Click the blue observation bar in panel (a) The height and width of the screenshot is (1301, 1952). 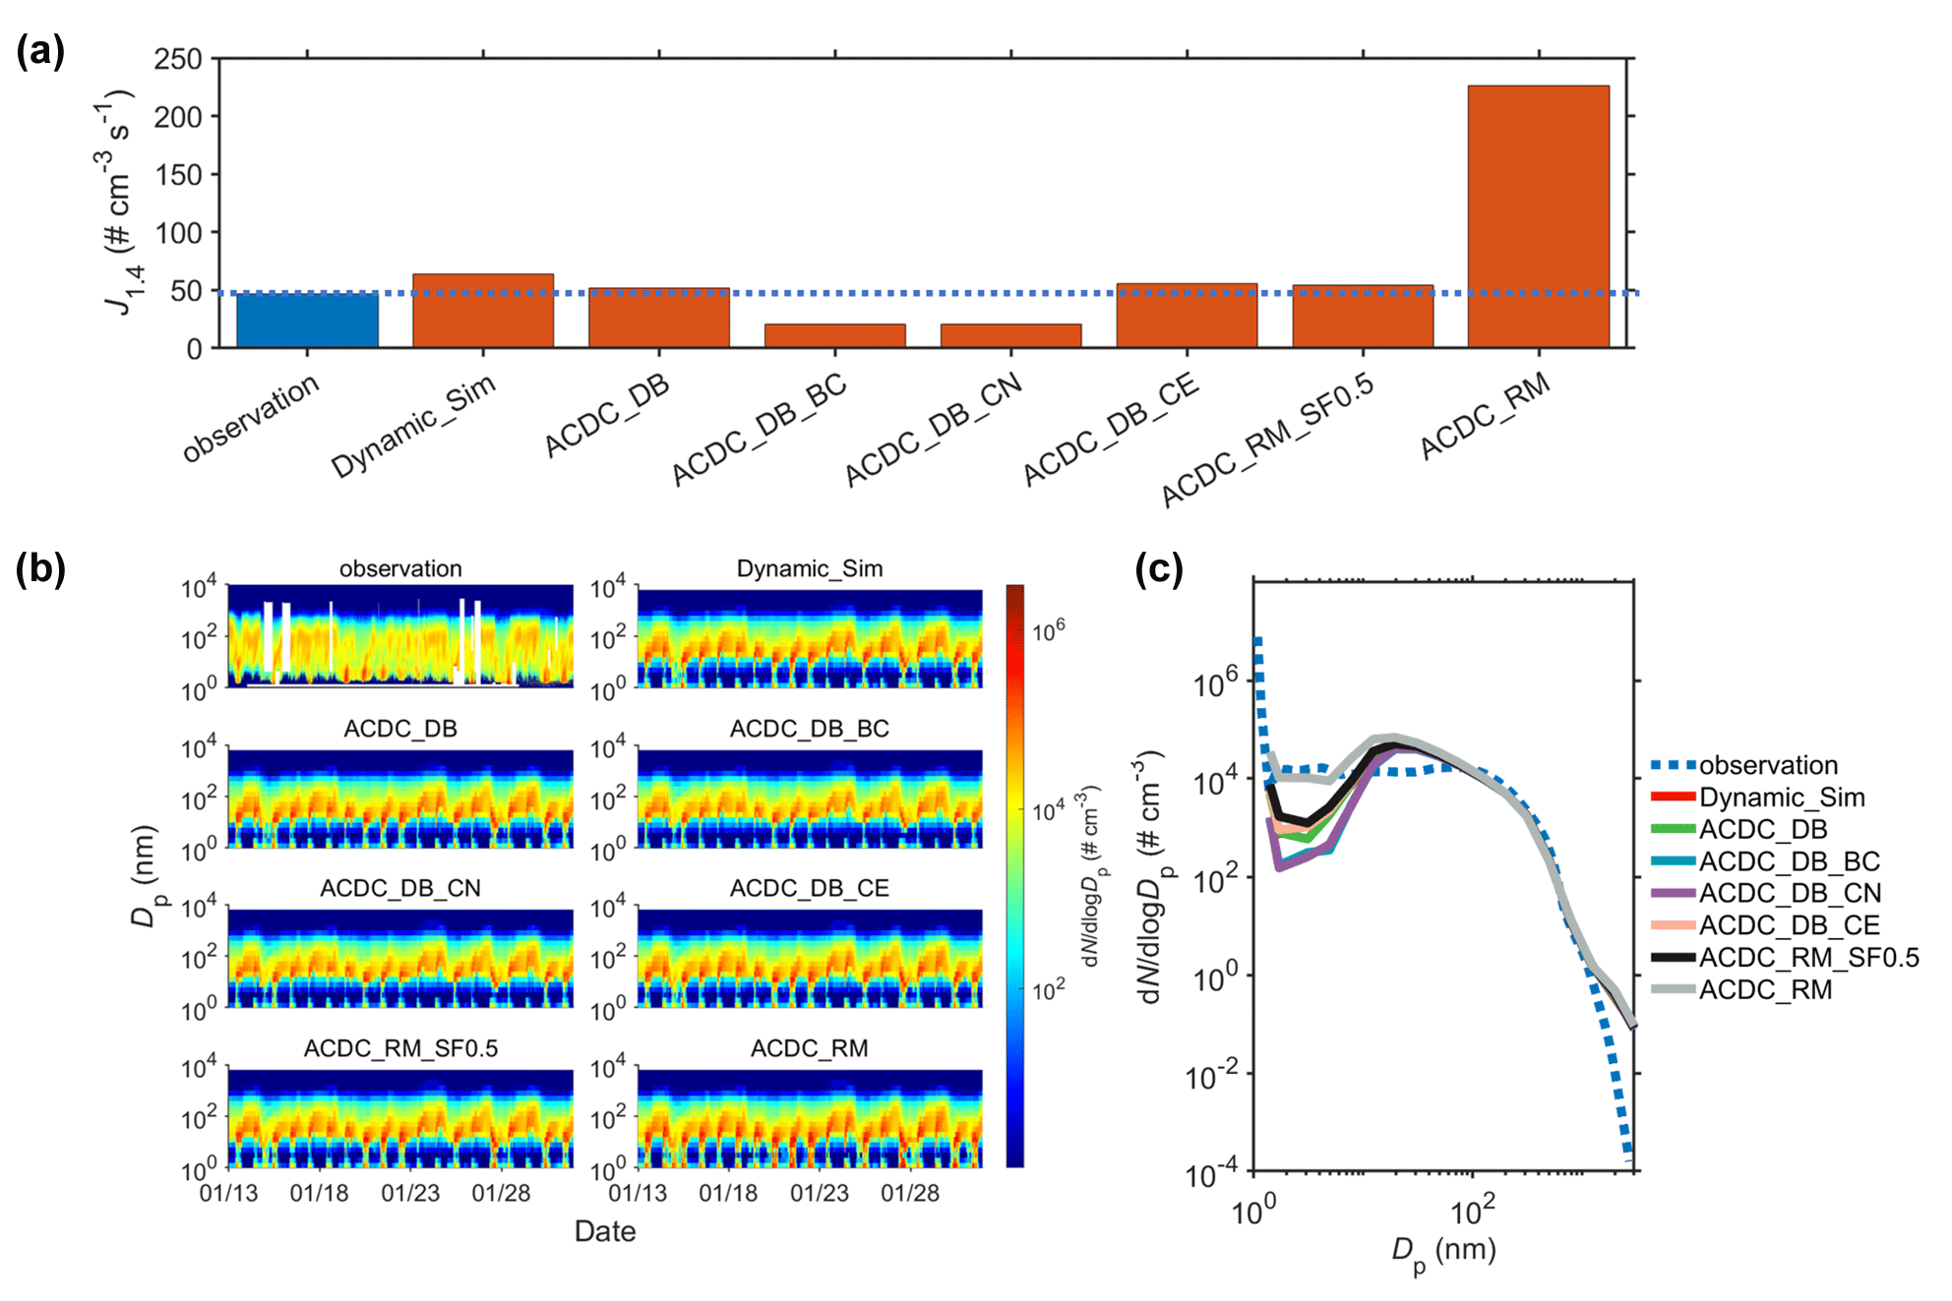point(307,321)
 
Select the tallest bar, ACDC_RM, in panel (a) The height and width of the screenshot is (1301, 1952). point(1538,216)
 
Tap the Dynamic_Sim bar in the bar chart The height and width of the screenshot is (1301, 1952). point(482,311)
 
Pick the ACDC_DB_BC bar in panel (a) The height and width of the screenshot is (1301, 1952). point(834,335)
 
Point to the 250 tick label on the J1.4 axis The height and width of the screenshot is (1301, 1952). point(178,59)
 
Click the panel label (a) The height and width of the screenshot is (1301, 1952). point(40,51)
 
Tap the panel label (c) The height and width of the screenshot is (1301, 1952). point(1158,569)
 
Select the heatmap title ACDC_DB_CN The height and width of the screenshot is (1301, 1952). point(400,888)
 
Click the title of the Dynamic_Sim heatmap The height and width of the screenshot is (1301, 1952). point(810,568)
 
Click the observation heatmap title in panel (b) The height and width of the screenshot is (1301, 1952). point(400,568)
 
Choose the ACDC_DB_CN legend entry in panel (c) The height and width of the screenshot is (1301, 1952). point(1790,893)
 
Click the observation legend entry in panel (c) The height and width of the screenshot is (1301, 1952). point(1768,765)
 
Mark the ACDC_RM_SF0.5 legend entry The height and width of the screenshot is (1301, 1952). point(1808,957)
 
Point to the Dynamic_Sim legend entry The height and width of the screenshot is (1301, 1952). point(1782,798)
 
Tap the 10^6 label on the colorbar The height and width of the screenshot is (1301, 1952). point(1049,630)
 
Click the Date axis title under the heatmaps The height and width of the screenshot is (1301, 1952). point(605,1231)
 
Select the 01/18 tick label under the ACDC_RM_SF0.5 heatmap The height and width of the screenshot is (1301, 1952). point(319,1193)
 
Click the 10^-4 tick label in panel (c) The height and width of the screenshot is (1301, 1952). point(1213,1174)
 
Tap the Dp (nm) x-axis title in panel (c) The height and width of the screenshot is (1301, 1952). point(1443,1253)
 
